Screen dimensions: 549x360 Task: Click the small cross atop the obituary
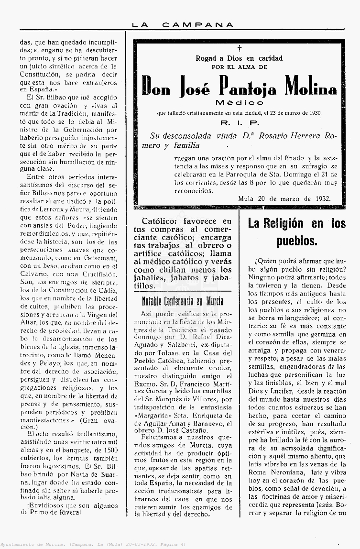coord(239,48)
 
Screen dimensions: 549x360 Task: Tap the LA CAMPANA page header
coord(184,25)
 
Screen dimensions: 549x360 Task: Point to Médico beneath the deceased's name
coord(239,102)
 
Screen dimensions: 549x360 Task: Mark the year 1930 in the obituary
coord(314,113)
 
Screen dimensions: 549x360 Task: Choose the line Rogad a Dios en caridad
coord(239,58)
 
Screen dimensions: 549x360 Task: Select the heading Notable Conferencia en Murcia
coord(183,301)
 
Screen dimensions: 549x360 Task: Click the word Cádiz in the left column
coord(106,290)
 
